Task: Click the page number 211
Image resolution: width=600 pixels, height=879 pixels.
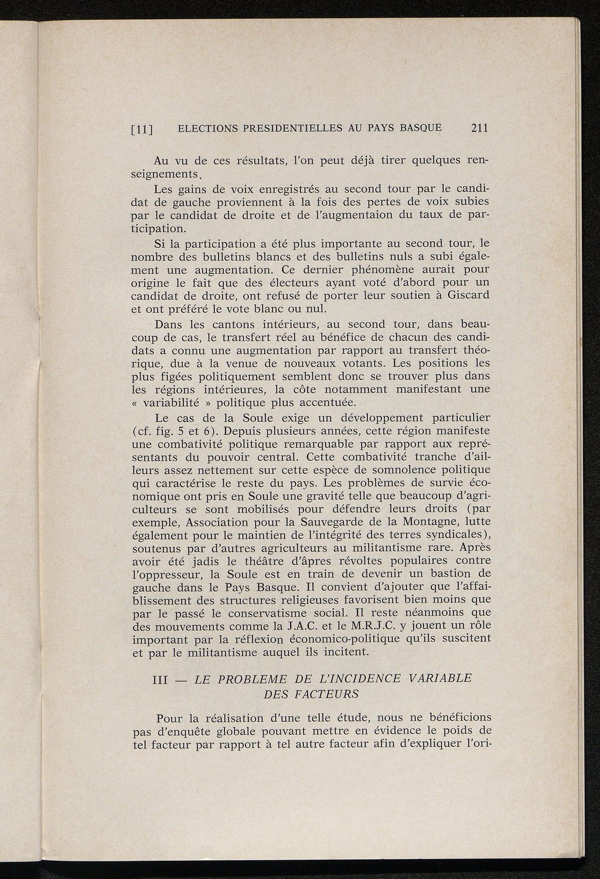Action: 479,128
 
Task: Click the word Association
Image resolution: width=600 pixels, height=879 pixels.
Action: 219,522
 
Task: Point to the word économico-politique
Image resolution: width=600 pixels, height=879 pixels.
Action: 333,638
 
